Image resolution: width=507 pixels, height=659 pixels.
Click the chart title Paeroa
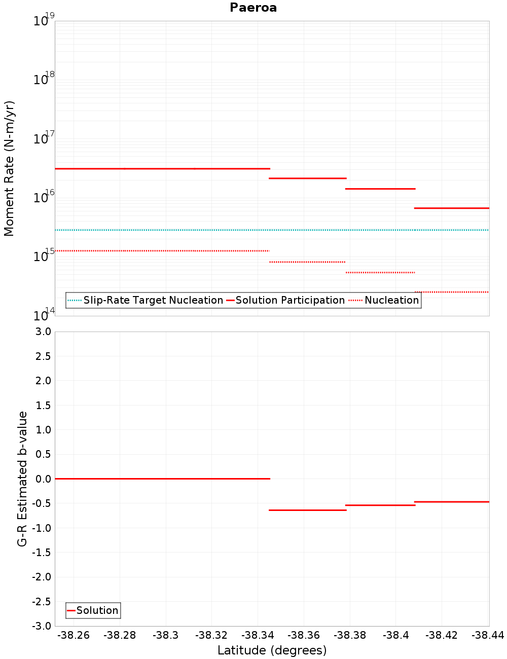point(253,8)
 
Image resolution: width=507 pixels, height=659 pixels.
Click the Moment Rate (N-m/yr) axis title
point(9,168)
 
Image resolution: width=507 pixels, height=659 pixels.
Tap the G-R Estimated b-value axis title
point(22,479)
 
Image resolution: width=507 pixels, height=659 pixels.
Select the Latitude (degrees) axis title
point(272,650)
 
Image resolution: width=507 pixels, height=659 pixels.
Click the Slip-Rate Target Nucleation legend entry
point(153,300)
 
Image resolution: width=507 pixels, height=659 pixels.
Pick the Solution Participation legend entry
point(289,300)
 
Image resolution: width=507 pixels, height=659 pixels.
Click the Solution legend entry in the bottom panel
point(97,610)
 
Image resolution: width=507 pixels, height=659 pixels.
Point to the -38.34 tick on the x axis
point(258,635)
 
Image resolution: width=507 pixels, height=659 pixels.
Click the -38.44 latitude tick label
point(487,635)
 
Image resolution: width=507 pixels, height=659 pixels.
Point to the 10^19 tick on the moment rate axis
point(43,21)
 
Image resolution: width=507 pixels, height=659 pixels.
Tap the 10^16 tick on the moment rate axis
point(43,197)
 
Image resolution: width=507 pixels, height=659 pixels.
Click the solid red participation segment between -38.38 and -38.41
point(380,189)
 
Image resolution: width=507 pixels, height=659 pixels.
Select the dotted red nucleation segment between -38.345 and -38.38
point(307,262)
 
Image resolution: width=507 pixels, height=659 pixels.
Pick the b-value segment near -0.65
point(307,510)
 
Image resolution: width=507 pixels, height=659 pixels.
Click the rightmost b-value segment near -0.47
point(451,502)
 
